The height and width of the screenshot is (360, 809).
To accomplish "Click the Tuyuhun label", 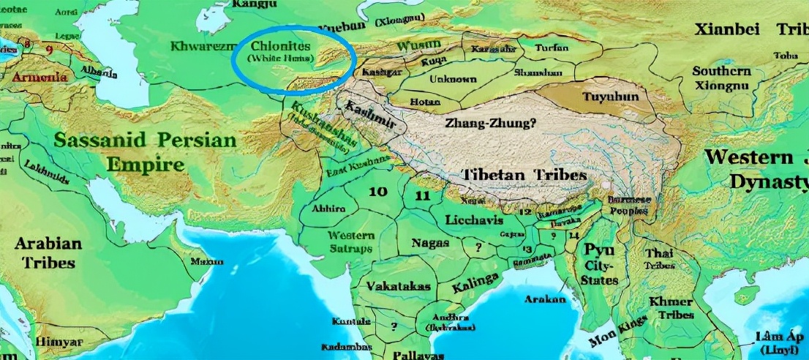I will click(610, 96).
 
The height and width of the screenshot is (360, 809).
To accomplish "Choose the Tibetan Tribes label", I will click(524, 176).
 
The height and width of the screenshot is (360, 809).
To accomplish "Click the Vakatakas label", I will click(399, 286).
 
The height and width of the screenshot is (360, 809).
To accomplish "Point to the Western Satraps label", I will click(351, 241).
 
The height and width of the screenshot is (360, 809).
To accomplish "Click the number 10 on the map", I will click(377, 192).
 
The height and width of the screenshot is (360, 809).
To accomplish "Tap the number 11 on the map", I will click(422, 195).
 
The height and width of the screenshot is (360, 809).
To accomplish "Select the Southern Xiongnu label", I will click(721, 78).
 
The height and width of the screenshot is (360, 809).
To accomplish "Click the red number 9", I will click(49, 50).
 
